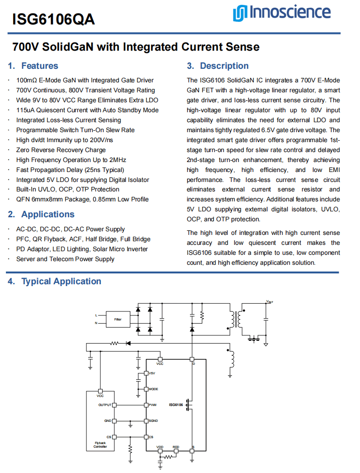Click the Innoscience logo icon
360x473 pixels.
tap(240, 13)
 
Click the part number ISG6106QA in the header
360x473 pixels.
tap(53, 19)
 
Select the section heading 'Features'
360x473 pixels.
tap(39, 66)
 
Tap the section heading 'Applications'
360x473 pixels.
tap(47, 214)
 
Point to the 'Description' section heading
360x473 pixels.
tap(224, 66)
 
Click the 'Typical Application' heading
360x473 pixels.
tap(61, 281)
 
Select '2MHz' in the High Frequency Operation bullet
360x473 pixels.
tap(118, 160)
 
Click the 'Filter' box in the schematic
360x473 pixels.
tap(118, 319)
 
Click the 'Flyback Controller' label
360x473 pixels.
tap(100, 444)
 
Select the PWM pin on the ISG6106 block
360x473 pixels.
tap(146, 405)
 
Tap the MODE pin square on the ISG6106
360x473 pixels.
tap(146, 389)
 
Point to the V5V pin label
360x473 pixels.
tap(152, 373)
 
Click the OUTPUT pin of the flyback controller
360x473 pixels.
tap(114, 405)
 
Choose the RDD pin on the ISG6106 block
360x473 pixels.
tap(176, 451)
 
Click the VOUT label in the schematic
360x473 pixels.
tap(270, 301)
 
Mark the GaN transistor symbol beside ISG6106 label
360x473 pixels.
tap(189, 405)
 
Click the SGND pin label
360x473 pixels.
tap(153, 421)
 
